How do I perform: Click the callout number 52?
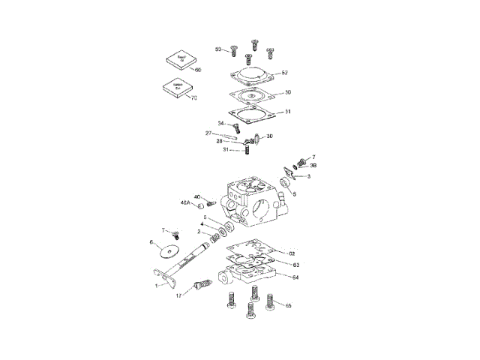click(284, 73)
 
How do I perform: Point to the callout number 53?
click(218, 49)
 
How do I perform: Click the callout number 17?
click(179, 296)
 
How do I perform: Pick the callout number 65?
click(288, 306)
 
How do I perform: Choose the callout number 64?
click(295, 278)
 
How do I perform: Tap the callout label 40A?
click(184, 202)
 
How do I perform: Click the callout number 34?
click(221, 123)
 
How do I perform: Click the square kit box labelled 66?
click(181, 59)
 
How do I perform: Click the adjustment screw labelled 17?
click(201, 286)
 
